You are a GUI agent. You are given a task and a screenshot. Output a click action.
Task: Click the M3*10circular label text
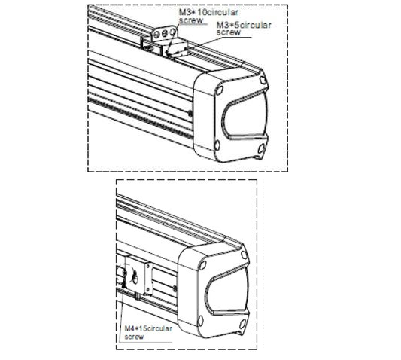[208, 12]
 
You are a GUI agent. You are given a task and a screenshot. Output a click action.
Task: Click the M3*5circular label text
[244, 25]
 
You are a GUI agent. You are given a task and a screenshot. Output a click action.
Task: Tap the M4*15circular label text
[148, 328]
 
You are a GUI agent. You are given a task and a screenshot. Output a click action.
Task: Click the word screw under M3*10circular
[191, 20]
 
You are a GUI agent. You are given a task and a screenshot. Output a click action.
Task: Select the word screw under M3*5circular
[229, 32]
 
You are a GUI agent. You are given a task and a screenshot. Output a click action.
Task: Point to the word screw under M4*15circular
[134, 336]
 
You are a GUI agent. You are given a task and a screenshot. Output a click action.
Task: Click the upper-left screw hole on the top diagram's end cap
[220, 90]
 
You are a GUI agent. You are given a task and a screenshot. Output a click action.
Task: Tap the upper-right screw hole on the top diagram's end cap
[263, 80]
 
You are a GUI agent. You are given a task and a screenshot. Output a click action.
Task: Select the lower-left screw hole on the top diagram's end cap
[217, 145]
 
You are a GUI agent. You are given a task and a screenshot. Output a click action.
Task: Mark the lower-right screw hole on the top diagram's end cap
[261, 148]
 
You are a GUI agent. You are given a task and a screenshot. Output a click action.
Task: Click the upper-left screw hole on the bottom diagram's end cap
[202, 265]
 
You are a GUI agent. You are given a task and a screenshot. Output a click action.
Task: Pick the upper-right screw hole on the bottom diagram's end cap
[245, 255]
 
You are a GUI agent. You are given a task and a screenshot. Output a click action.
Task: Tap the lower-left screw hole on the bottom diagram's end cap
[201, 320]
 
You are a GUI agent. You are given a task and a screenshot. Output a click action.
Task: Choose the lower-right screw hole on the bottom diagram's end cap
[242, 323]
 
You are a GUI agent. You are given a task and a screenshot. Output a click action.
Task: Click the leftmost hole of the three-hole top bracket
[156, 35]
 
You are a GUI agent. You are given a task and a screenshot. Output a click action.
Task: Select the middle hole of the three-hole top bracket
[165, 33]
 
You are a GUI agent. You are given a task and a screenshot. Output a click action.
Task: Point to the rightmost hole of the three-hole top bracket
[173, 32]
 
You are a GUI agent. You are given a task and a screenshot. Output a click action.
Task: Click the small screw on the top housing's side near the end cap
[190, 113]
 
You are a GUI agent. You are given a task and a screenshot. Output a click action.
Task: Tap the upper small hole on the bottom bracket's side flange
[148, 267]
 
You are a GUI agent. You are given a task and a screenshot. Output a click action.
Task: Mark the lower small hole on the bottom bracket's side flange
[148, 290]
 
